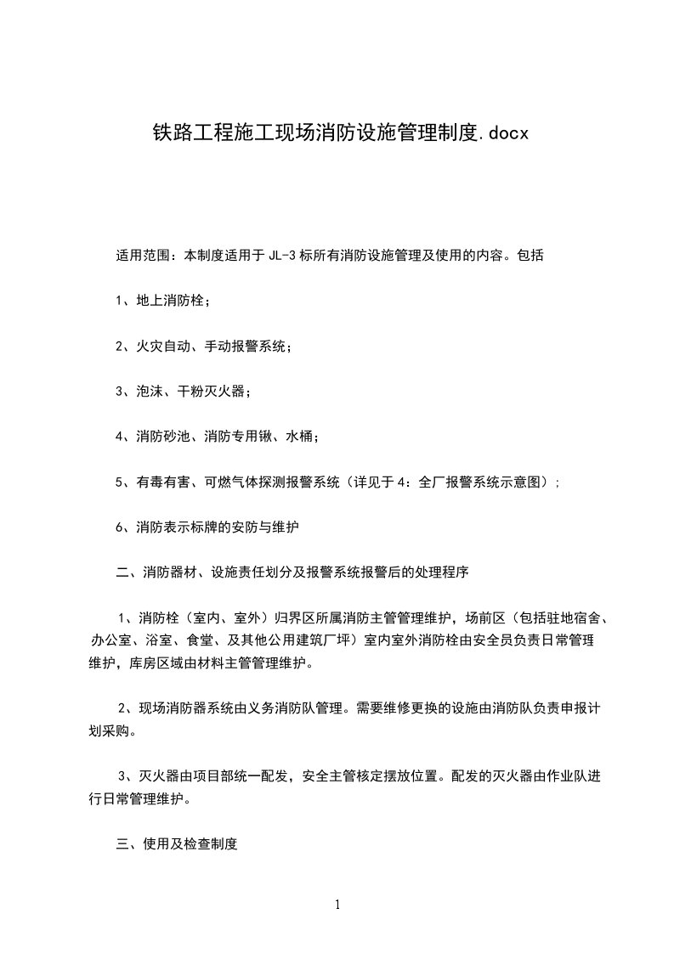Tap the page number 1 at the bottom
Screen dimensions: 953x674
point(337,905)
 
